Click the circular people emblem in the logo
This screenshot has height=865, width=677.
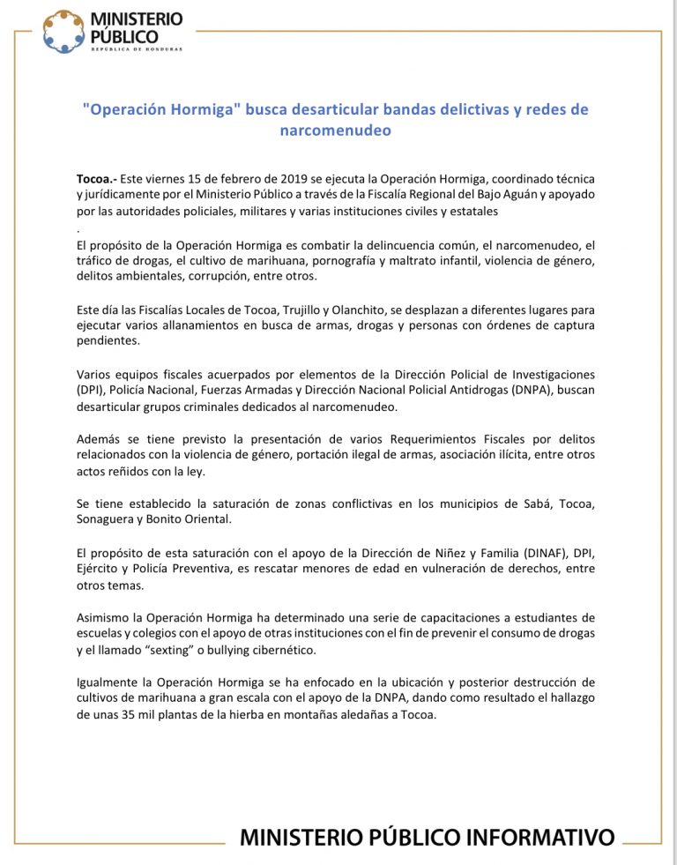pos(64,31)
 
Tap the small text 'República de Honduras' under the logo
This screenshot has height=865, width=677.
pos(137,49)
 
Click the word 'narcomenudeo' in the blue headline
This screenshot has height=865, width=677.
pos(334,130)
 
